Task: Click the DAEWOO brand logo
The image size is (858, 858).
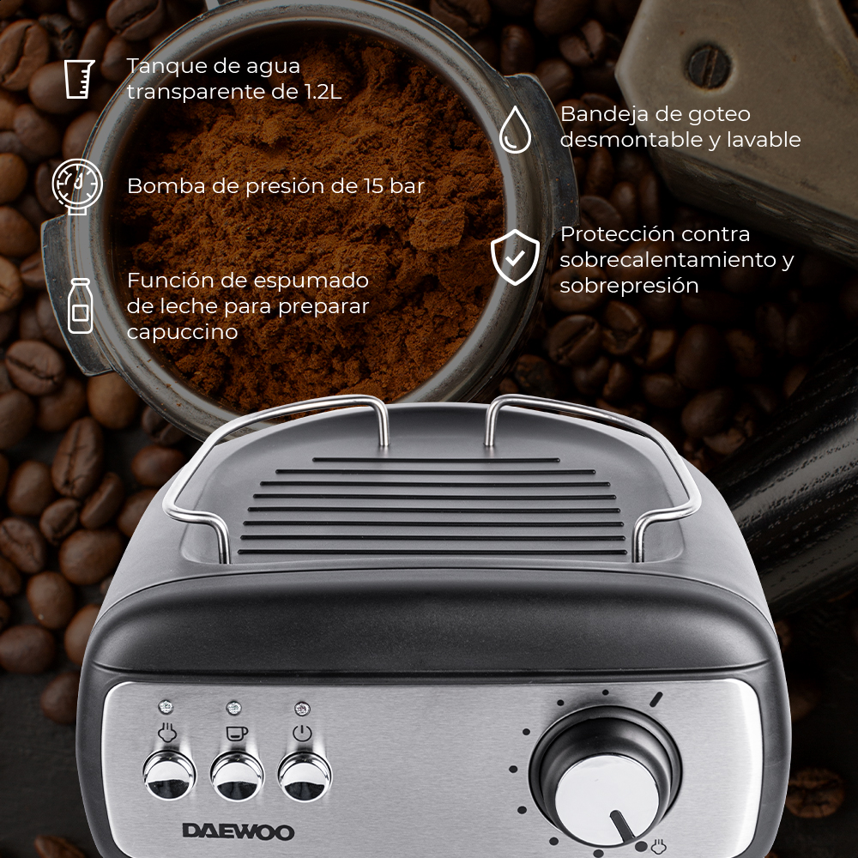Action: (238, 831)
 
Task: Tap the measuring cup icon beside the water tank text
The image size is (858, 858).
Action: (79, 79)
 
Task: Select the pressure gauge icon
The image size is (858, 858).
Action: (77, 183)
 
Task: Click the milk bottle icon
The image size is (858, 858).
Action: (81, 305)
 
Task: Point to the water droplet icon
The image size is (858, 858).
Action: (515, 130)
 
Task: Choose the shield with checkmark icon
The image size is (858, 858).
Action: (515, 257)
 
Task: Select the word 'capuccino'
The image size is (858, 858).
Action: (182, 332)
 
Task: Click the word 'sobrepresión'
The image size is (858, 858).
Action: (629, 286)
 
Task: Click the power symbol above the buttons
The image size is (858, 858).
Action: (302, 734)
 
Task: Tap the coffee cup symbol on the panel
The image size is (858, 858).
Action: (233, 733)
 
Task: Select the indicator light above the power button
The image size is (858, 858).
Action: (301, 709)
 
